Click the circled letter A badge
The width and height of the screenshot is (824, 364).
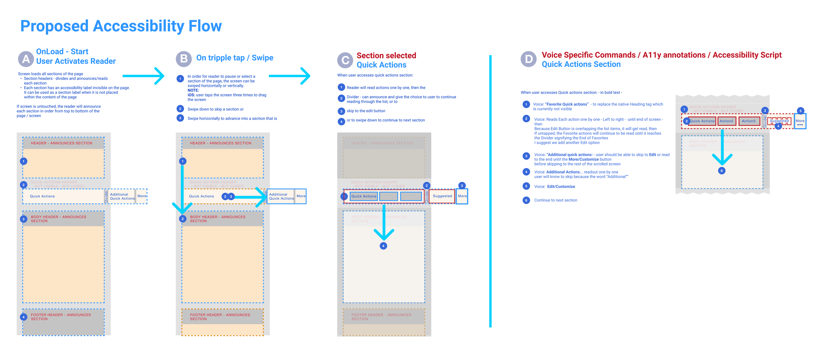[x=26, y=59]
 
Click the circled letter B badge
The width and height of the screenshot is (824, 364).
[x=184, y=59]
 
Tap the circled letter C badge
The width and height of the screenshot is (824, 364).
[x=345, y=60]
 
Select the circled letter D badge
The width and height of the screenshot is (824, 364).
[x=528, y=59]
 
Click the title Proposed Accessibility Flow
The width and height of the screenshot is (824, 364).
[x=121, y=26]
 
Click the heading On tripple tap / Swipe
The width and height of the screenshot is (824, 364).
[x=235, y=58]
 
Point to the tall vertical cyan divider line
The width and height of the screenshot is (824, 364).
[x=490, y=191]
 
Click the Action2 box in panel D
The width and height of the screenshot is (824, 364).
[x=726, y=121]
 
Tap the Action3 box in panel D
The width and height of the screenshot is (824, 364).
[x=748, y=121]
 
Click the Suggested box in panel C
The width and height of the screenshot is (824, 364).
[x=442, y=196]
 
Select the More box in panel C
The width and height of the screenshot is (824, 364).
[x=462, y=196]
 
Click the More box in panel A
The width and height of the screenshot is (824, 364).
[x=142, y=196]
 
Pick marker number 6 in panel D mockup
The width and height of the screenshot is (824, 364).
[x=721, y=171]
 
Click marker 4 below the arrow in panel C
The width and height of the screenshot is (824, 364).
[x=383, y=246]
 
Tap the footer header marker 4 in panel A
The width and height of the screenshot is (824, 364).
[x=23, y=317]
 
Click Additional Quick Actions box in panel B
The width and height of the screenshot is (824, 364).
[x=281, y=197]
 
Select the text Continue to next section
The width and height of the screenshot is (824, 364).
[x=555, y=200]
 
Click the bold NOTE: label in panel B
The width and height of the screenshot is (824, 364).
[x=193, y=90]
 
